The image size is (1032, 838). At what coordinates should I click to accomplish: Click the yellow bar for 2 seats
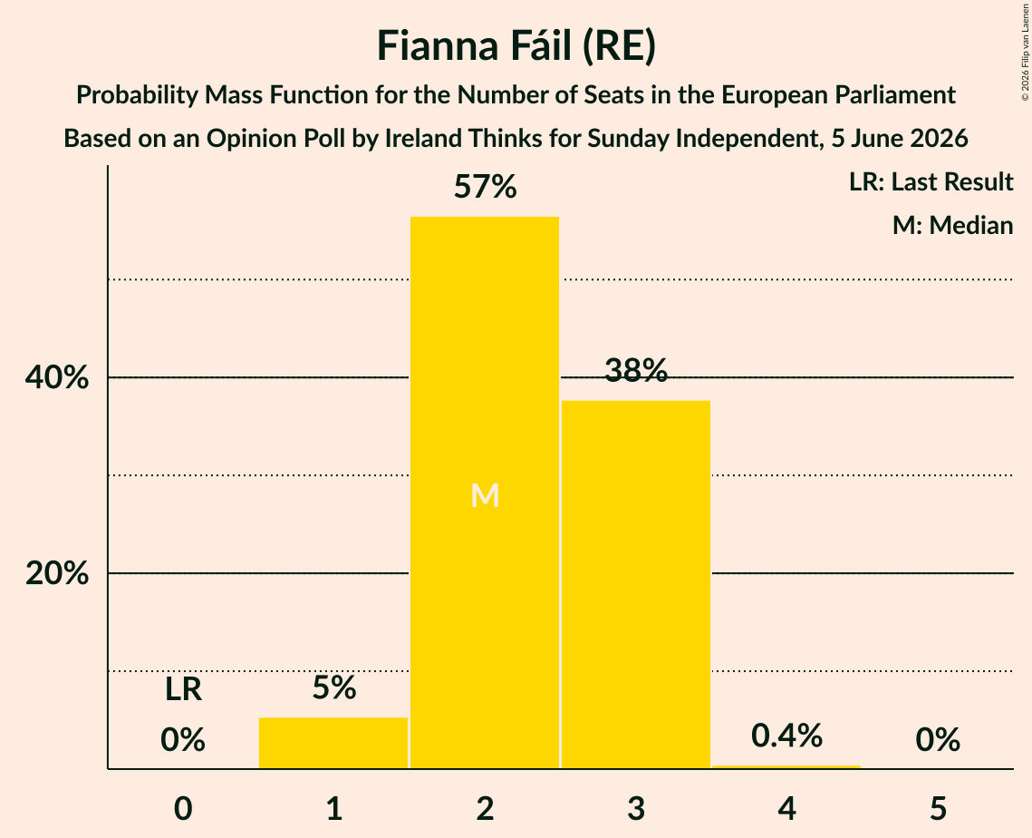click(x=485, y=492)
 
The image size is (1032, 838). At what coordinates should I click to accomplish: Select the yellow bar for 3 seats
click(x=636, y=584)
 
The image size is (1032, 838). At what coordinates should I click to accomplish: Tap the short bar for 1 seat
click(x=333, y=743)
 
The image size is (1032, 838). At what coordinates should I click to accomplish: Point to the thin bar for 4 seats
click(x=786, y=767)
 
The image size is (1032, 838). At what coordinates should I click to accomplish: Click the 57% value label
click(x=485, y=187)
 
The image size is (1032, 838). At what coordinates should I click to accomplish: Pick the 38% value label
click(x=636, y=370)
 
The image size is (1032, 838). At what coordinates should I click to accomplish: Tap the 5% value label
click(x=333, y=687)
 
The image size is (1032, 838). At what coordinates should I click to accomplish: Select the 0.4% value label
click(x=786, y=736)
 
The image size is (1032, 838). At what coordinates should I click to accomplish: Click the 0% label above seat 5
click(x=938, y=740)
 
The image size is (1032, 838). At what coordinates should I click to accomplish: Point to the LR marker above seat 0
click(x=183, y=689)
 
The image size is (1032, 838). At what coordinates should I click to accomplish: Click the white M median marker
click(x=485, y=495)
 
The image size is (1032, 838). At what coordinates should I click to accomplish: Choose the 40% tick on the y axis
click(x=56, y=378)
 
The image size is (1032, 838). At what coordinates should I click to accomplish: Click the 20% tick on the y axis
click(x=56, y=574)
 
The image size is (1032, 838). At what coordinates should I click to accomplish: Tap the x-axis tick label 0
click(x=183, y=808)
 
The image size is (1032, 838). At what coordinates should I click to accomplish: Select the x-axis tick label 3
click(x=636, y=808)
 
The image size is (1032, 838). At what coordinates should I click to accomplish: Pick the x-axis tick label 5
click(x=938, y=808)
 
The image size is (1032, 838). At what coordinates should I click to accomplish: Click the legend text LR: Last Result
click(x=931, y=181)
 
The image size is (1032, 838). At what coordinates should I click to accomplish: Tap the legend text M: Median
click(x=952, y=225)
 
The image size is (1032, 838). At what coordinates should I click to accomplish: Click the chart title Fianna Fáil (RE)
click(x=516, y=46)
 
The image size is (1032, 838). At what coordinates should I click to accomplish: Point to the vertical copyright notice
click(x=1025, y=52)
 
